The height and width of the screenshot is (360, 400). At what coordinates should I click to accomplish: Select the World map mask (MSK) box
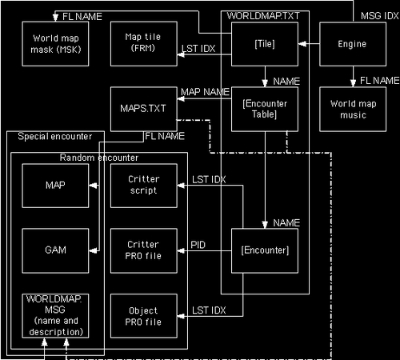[55, 44]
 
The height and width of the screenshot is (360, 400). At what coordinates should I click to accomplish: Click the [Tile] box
[263, 44]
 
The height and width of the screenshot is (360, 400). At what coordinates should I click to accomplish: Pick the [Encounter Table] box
[263, 108]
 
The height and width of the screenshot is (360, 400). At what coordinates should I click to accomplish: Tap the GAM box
[55, 250]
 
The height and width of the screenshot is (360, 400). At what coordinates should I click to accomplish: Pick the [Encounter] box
[263, 250]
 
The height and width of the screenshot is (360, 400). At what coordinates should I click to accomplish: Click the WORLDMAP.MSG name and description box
[55, 316]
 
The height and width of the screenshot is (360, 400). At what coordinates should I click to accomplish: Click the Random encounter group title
[98, 158]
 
